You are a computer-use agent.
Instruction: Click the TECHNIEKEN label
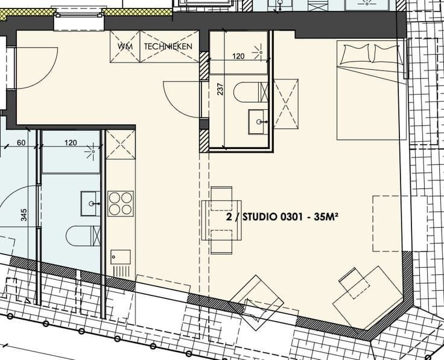pos(168,46)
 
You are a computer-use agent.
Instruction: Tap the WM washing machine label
pos(125,46)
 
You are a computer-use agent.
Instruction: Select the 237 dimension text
pos(221,89)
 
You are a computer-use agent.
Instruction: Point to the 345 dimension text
pos(24,215)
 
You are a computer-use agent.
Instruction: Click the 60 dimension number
pos(21,143)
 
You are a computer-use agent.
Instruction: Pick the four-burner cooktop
pos(121,204)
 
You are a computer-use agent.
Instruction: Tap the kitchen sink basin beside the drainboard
pos(121,257)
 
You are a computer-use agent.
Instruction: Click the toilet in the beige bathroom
pos(250,92)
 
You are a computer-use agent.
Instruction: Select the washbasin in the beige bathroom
pos(258,122)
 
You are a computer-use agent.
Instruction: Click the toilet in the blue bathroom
pos(83,235)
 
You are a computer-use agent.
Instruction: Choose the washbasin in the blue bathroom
pos(90,203)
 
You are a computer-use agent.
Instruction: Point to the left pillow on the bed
pos(355,54)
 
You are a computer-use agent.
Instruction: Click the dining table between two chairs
pos(221,220)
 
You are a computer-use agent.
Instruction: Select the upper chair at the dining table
pos(221,198)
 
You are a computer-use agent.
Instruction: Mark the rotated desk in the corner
pos(368,297)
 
